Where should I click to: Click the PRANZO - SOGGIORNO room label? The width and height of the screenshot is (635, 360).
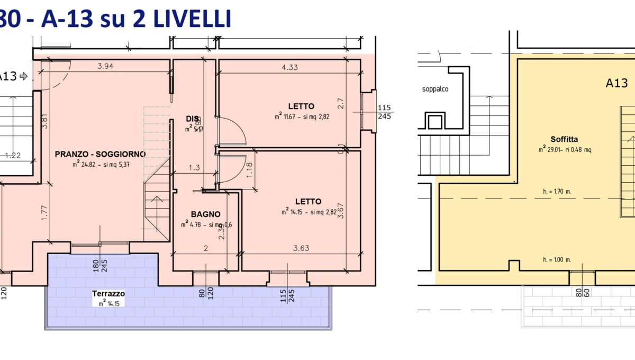100,154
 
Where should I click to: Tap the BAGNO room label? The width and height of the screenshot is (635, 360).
205,214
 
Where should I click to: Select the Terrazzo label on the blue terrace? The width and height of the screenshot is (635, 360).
108,293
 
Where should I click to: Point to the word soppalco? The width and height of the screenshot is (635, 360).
435,89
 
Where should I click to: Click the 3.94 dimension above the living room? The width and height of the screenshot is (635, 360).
105,66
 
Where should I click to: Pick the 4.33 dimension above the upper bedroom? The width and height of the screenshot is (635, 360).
290,67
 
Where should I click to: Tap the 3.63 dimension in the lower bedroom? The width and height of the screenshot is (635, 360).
301,248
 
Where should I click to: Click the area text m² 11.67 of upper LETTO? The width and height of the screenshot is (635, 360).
302,117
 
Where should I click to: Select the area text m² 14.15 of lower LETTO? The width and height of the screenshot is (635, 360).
309,212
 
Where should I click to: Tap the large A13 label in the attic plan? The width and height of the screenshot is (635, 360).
616,83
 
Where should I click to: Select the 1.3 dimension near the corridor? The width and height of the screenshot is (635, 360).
194,168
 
